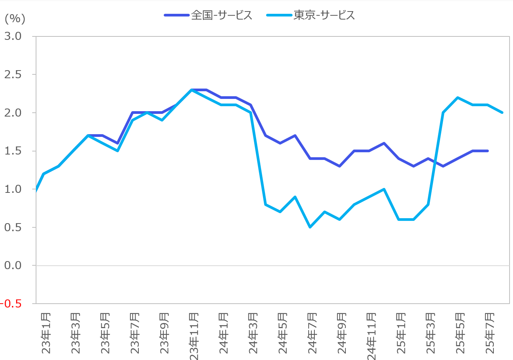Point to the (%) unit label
[15, 18]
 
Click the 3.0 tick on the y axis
[13, 36]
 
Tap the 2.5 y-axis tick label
[13, 74]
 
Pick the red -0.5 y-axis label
[11, 304]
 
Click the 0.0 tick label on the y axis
[13, 265]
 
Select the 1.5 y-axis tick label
[13, 151]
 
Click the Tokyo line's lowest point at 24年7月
[310, 227]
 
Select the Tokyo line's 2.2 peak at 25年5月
[458, 97]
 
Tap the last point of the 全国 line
[488, 151]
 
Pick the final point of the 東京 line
[502, 113]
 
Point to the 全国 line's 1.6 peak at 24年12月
[384, 143]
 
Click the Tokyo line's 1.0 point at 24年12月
[384, 189]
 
